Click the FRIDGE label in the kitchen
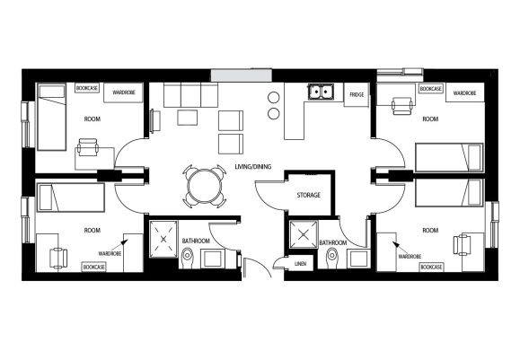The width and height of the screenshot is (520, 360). point(357,95)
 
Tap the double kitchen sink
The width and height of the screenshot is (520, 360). point(321,92)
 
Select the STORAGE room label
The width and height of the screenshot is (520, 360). point(308,195)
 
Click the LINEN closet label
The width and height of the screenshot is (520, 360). point(300,264)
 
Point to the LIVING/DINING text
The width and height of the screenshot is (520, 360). point(253,167)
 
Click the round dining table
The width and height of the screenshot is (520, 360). point(204,186)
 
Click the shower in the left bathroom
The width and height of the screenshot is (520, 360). point(163,239)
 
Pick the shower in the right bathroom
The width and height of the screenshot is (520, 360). point(304,235)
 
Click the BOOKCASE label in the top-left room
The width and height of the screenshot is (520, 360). point(87,88)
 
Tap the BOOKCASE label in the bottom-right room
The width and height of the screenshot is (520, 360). point(431,268)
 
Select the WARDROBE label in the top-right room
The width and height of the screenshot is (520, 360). point(464,93)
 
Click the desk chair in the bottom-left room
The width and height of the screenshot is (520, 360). point(58,258)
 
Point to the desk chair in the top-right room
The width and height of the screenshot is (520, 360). point(402,106)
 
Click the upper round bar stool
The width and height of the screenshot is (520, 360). point(274,98)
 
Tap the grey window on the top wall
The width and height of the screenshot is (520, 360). point(242,75)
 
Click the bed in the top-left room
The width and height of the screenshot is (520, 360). point(51,117)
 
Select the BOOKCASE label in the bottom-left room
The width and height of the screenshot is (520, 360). point(94,268)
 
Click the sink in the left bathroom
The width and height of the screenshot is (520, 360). point(212,259)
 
